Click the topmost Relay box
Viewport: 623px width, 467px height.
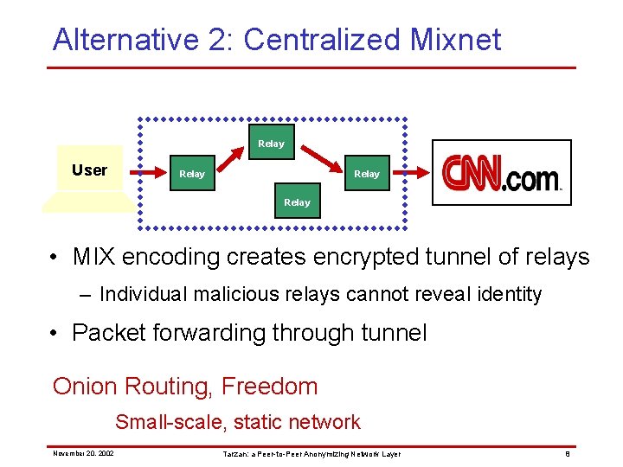point(271,143)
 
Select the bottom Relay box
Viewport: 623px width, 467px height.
point(297,202)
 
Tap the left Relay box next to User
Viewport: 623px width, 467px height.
point(192,174)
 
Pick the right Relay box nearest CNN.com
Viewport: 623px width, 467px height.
point(367,174)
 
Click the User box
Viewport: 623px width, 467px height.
point(89,170)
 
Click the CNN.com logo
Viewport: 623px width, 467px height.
point(502,173)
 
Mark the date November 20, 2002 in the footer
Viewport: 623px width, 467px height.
point(83,453)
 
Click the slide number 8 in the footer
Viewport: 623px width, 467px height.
point(567,453)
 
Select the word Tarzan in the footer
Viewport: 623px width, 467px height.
point(234,453)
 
